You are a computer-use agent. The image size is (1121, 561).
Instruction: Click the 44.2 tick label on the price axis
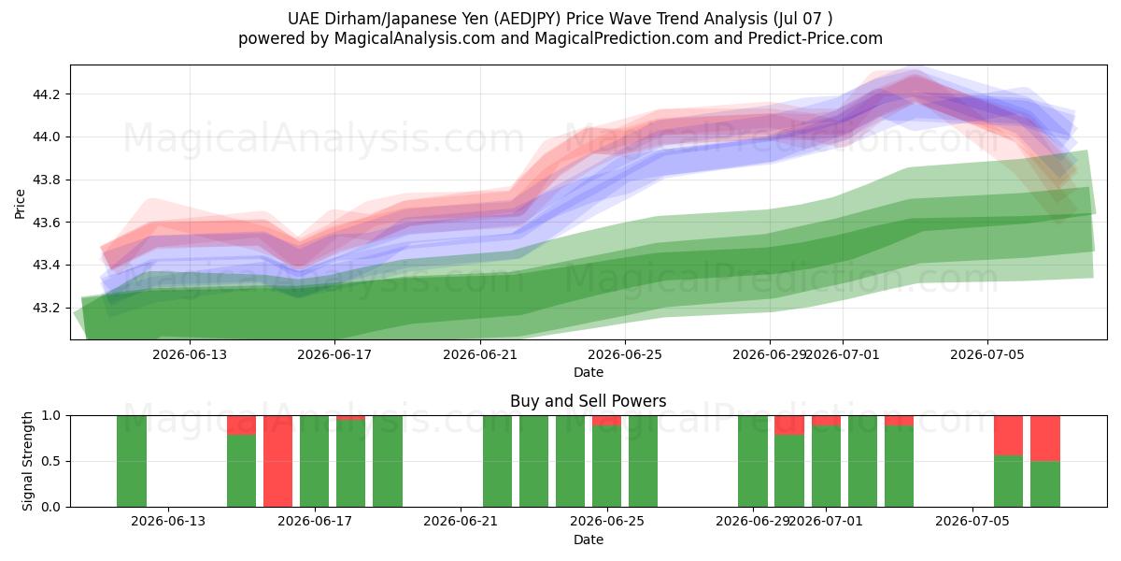(46, 94)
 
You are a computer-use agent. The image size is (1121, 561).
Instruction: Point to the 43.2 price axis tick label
(46, 308)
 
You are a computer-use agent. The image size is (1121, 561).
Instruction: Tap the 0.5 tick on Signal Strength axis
(50, 461)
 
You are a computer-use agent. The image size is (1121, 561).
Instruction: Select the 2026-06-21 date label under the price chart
(480, 354)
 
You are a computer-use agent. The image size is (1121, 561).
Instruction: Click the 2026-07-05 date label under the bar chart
(972, 521)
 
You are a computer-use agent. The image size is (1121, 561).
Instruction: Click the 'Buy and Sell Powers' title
(588, 401)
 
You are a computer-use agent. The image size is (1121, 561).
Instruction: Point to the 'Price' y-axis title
(20, 204)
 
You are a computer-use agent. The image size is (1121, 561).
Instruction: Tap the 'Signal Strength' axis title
(27, 461)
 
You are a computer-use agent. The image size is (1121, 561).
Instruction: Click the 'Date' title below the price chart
(588, 372)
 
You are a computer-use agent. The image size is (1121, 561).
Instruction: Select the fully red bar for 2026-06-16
(277, 461)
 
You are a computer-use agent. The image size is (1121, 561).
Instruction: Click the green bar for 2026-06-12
(132, 461)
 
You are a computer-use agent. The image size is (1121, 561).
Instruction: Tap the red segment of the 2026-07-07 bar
(1045, 439)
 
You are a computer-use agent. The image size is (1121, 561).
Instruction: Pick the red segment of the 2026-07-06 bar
(1008, 436)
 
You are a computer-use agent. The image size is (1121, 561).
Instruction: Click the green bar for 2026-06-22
(497, 461)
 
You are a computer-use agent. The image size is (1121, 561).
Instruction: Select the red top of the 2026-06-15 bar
(241, 425)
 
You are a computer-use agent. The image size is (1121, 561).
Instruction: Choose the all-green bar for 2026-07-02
(862, 461)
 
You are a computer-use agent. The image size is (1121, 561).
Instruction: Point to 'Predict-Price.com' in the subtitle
(816, 38)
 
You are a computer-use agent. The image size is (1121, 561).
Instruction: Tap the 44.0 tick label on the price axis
(46, 137)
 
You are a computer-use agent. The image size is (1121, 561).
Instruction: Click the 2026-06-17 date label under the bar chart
(315, 521)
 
